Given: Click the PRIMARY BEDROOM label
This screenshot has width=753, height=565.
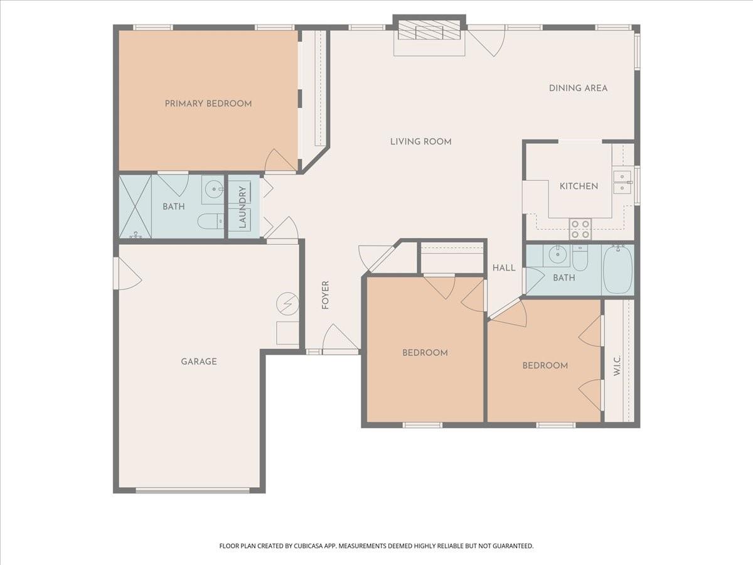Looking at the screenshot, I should coord(208,104).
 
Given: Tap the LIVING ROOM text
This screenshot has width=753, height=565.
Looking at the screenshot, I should coord(420,142).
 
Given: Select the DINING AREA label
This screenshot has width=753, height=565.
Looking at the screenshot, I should coord(578,88).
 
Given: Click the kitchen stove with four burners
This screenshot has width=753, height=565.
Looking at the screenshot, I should coord(580,229).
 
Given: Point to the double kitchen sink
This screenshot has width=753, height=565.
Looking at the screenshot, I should coord(622,181).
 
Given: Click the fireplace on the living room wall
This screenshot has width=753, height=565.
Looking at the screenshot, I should coord(429,31).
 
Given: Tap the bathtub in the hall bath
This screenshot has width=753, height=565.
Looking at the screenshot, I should coord(618,270).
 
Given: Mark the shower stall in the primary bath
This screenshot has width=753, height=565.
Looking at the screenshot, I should coord(135,207).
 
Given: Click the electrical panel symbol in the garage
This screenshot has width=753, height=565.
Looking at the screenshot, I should coord(287,304).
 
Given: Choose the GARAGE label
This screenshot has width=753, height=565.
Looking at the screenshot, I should coord(199,362).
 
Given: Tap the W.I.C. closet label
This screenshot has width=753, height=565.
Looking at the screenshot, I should coord(617,366).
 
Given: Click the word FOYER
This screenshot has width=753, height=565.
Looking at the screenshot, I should coord(325,294).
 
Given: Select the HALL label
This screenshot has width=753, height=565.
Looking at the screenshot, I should coord(503,268).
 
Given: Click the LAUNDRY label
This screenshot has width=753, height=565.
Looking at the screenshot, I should coord(242,207).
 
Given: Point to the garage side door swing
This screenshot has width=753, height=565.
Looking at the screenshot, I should coord(127,274).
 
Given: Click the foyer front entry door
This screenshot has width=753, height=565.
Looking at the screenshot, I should coord(340,339).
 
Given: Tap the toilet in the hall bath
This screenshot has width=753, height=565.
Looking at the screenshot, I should coord(580,258).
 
